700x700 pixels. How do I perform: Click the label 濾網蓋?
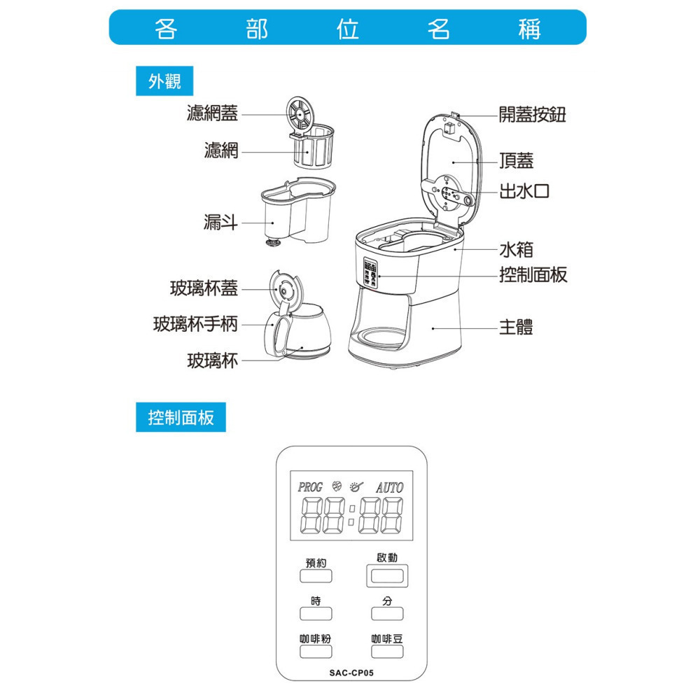coord(212,113)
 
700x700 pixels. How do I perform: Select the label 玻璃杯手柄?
coord(195,324)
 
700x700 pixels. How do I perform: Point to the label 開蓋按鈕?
coord(532,115)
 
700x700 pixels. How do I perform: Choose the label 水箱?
coord(516,249)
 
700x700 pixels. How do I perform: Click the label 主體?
coord(516,327)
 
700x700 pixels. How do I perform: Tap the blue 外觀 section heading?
coord(164,82)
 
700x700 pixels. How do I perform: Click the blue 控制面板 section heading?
coord(181,418)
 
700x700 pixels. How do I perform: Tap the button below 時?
coord(316,614)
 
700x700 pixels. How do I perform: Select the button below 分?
coord(388,614)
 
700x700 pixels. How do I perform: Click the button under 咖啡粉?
coord(316,652)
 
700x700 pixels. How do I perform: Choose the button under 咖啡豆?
coord(388,652)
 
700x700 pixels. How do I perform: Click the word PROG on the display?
coord(310,486)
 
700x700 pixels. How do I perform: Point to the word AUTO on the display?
coord(389,487)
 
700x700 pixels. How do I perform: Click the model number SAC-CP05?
coord(351,673)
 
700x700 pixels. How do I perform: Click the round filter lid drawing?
coord(300,112)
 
